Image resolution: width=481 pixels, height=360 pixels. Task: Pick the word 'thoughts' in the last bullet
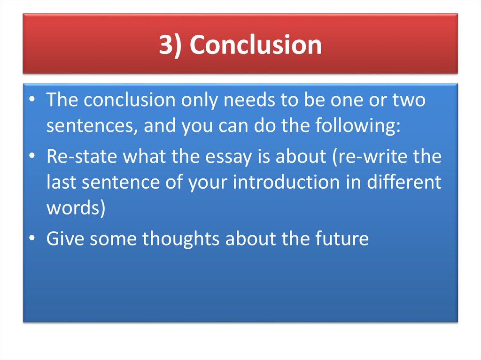181,239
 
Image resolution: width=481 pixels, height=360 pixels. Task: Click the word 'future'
340,239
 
